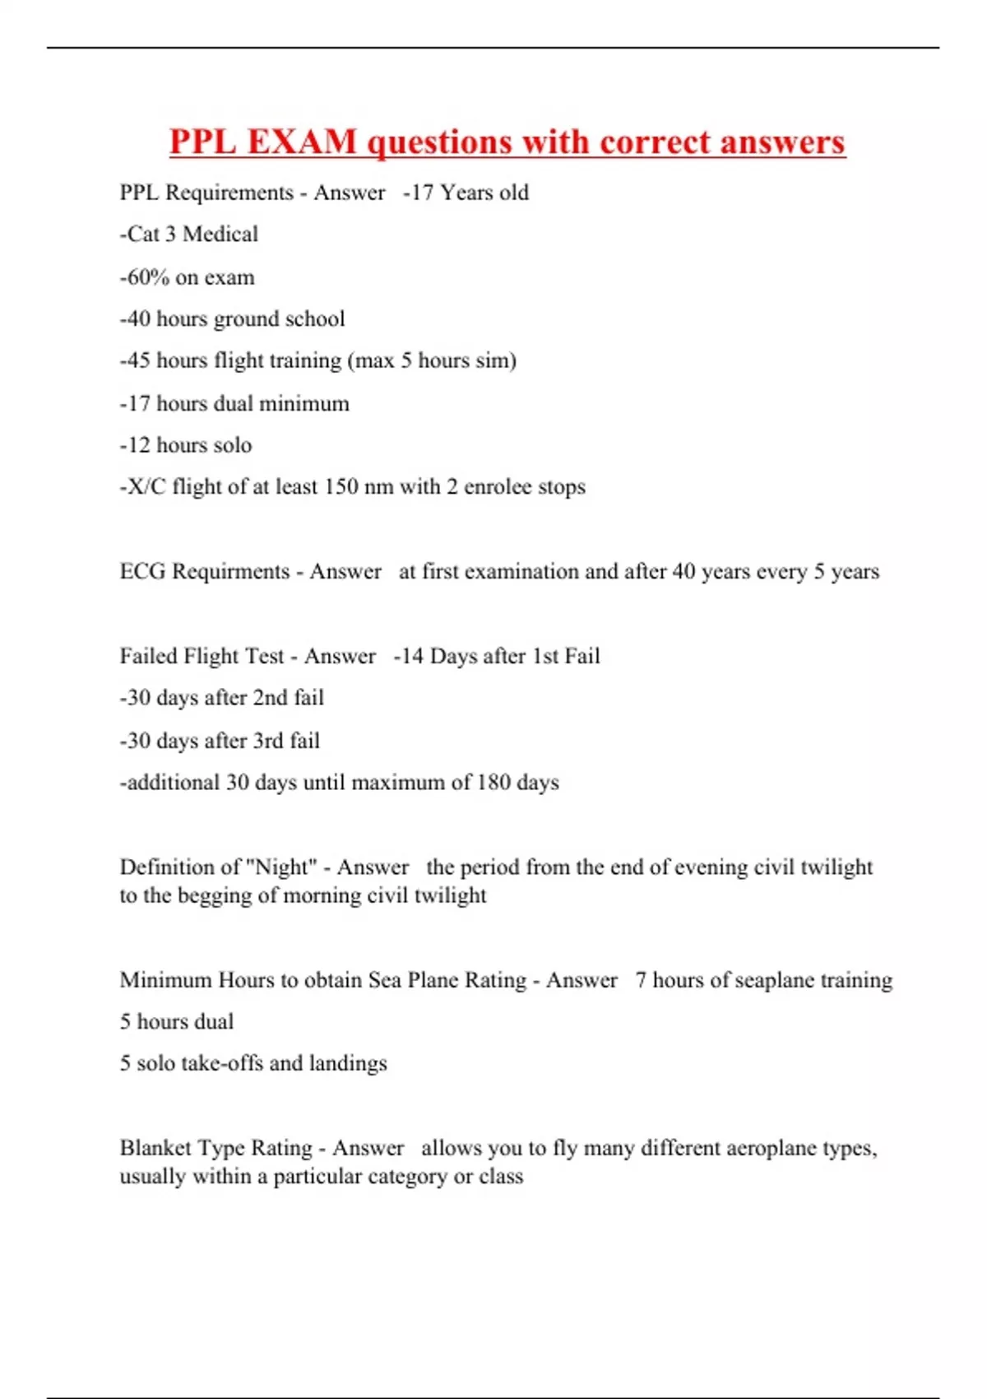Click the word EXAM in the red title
click(301, 142)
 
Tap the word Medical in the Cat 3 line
click(220, 235)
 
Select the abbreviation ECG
click(142, 571)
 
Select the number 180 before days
click(493, 782)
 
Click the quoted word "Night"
click(281, 867)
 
